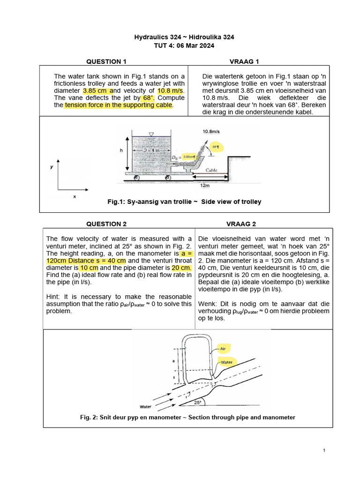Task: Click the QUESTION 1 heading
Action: [x=106, y=61]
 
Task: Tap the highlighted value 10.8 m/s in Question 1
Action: [x=171, y=90]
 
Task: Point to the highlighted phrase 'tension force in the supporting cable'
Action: [x=119, y=105]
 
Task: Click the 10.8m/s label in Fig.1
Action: [x=212, y=132]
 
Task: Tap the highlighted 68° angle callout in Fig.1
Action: [x=215, y=146]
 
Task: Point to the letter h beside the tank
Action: [x=121, y=150]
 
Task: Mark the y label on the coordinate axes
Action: [x=52, y=167]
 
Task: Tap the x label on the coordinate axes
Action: [x=74, y=197]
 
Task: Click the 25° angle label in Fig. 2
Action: [x=197, y=402]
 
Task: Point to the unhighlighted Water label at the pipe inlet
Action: [x=145, y=406]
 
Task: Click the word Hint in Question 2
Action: [x=53, y=297]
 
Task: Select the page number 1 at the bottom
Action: [x=324, y=450]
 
